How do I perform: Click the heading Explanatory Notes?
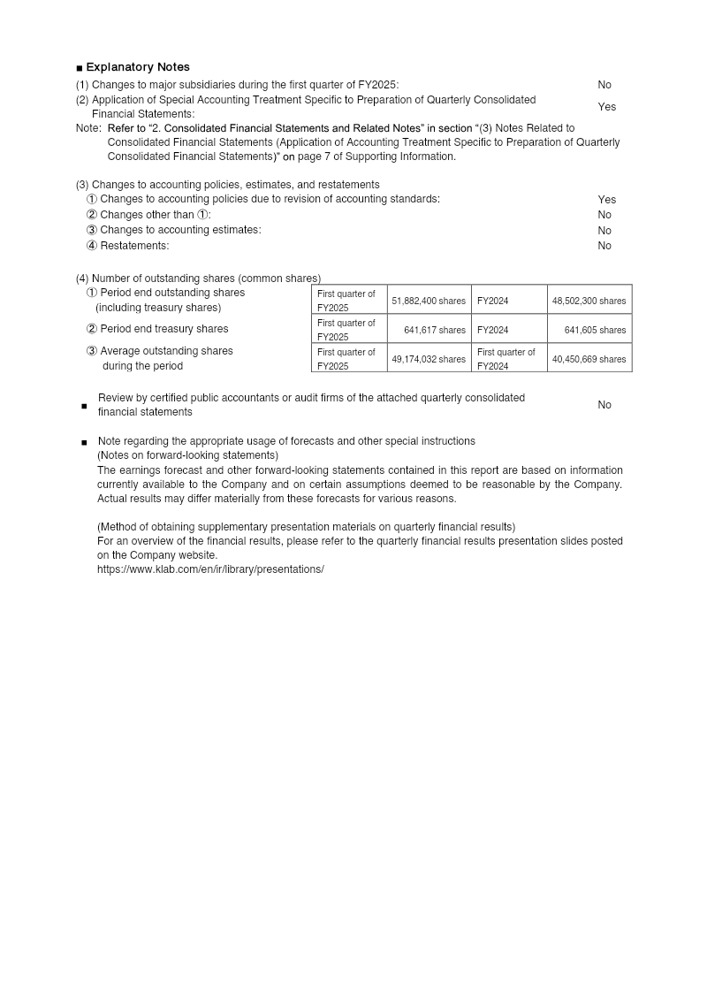pos(137,67)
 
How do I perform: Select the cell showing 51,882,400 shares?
pos(429,301)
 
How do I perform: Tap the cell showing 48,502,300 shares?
pos(589,301)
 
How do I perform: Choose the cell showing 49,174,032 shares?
pos(429,359)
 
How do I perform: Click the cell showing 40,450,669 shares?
pos(589,359)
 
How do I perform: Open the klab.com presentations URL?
pos(210,569)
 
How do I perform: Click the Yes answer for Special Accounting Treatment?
pos(606,107)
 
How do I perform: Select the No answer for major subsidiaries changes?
pos(604,85)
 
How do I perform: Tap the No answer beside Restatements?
pos(604,246)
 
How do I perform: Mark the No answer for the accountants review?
pos(604,405)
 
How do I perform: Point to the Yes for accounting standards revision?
pos(606,200)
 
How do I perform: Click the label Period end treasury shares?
pos(163,329)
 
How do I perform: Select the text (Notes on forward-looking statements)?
pos(187,455)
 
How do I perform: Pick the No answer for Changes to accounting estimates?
pos(604,230)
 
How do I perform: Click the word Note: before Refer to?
pos(88,128)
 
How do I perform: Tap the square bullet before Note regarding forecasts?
pos(84,442)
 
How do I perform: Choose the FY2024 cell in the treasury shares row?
pos(492,330)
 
